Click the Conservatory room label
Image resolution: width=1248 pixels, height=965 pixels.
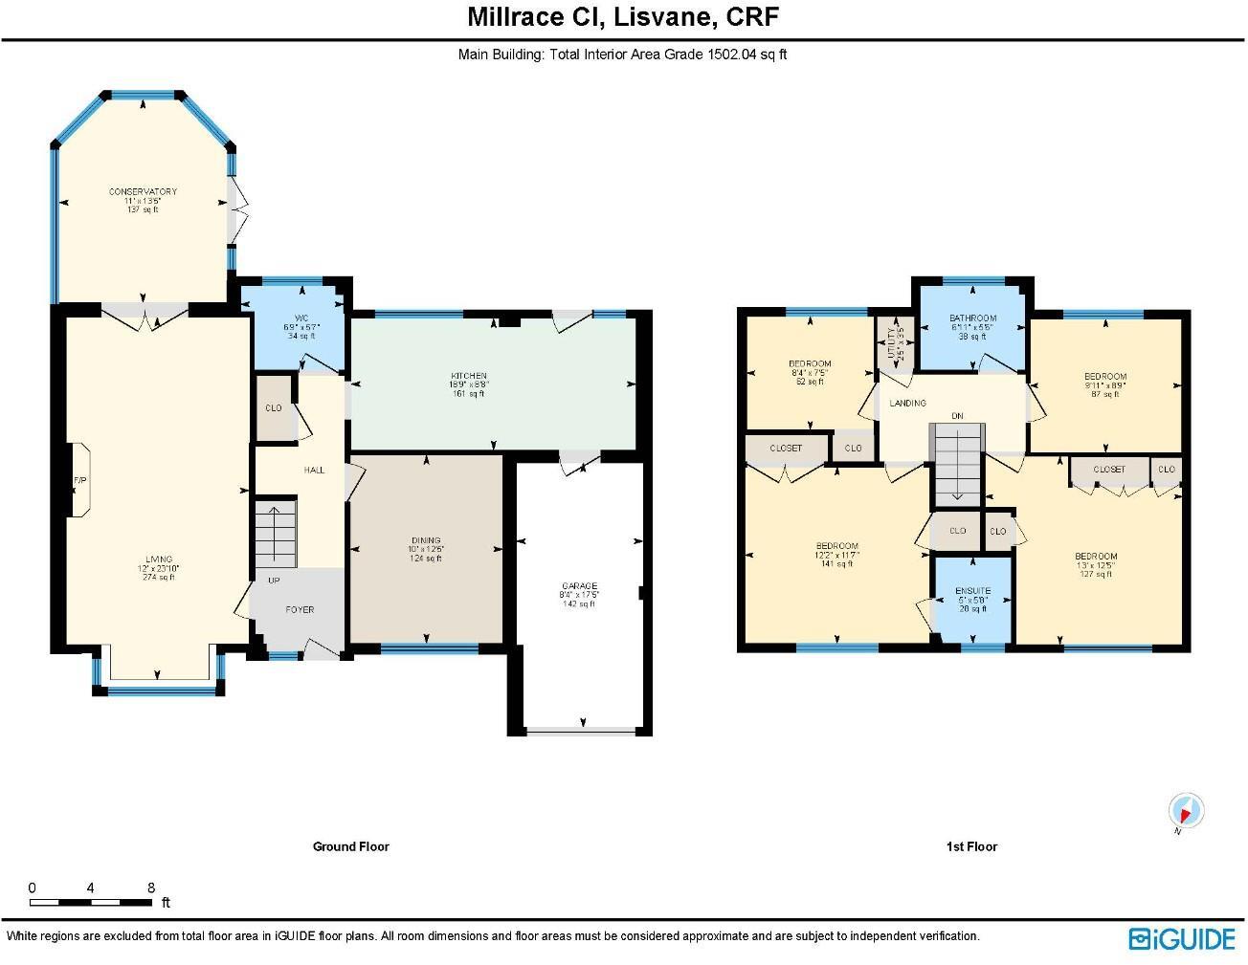pyautogui.click(x=143, y=191)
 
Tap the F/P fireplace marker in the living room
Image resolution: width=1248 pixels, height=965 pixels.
pyautogui.click(x=79, y=480)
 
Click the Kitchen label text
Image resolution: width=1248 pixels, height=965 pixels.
pyautogui.click(x=470, y=376)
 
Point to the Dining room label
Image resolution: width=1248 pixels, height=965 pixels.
pyautogui.click(x=426, y=541)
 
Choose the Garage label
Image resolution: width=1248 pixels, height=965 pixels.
pyautogui.click(x=579, y=586)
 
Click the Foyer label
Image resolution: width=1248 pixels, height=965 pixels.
pyautogui.click(x=300, y=609)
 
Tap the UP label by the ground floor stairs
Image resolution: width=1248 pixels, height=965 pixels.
pyautogui.click(x=274, y=581)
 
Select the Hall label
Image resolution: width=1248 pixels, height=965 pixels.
pyautogui.click(x=314, y=471)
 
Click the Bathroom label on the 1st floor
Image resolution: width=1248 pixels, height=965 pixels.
pyautogui.click(x=972, y=318)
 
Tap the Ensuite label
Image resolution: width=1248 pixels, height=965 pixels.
pyautogui.click(x=972, y=591)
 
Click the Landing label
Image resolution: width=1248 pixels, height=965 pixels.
pyautogui.click(x=907, y=404)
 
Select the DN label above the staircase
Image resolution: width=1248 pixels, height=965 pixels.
pyautogui.click(x=957, y=416)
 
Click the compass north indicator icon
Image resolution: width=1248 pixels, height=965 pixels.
pyautogui.click(x=1186, y=812)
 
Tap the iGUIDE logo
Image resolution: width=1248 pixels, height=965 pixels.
pyautogui.click(x=1182, y=938)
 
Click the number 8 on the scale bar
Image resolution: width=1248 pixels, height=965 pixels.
pyautogui.click(x=151, y=888)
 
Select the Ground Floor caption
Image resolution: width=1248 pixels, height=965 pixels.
pyautogui.click(x=351, y=846)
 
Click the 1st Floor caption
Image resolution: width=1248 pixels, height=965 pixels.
pyautogui.click(x=971, y=846)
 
